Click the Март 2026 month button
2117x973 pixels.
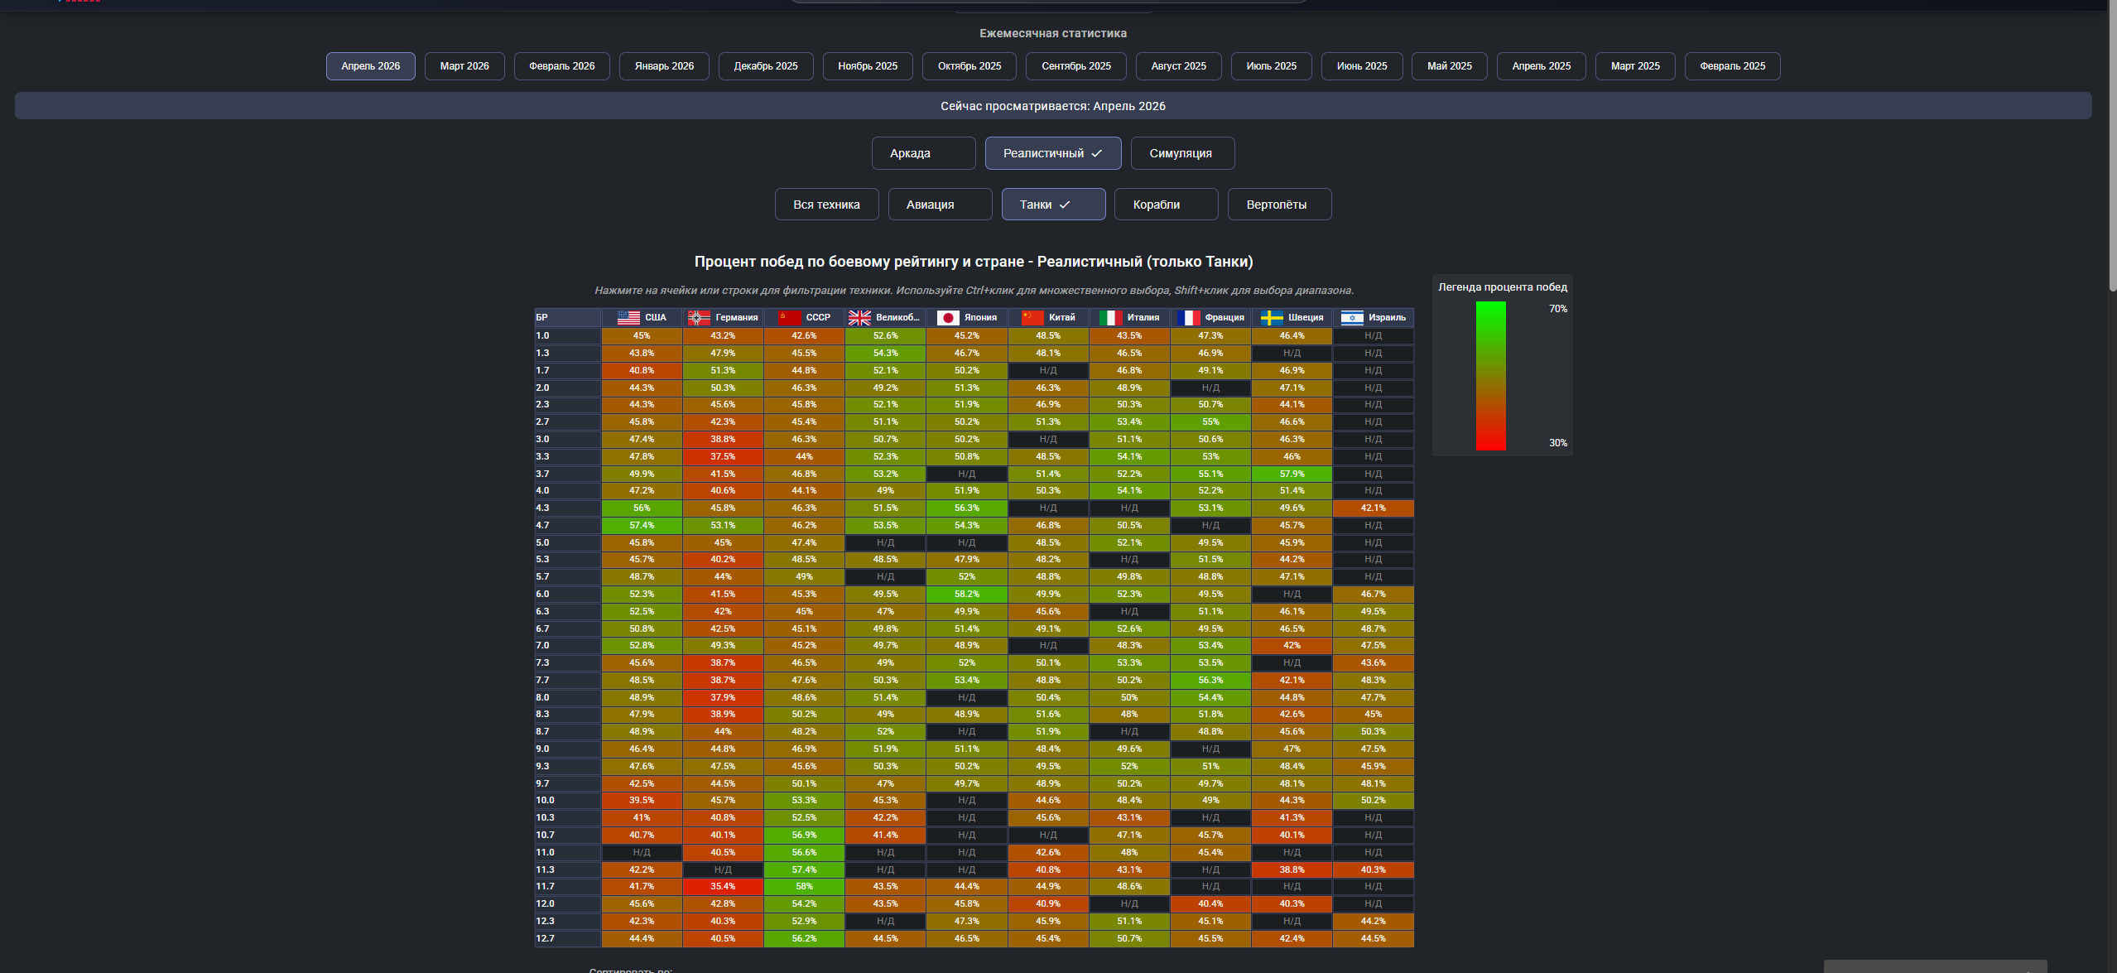pyautogui.click(x=464, y=66)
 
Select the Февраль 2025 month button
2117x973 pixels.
pyautogui.click(x=1732, y=66)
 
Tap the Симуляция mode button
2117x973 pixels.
pyautogui.click(x=1182, y=153)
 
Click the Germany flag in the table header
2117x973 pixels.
pyautogui.click(x=699, y=318)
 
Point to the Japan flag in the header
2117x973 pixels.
pyautogui.click(x=948, y=318)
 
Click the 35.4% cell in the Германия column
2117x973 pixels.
pyautogui.click(x=723, y=887)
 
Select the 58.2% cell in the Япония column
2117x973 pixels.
pyautogui.click(x=966, y=595)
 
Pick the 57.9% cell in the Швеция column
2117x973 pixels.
pyautogui.click(x=1292, y=474)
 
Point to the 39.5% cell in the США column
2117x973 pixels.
pyautogui.click(x=642, y=801)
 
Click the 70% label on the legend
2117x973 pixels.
pyautogui.click(x=1558, y=309)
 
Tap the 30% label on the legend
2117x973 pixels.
pyautogui.click(x=1558, y=443)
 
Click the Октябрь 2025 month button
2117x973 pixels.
pyautogui.click(x=969, y=66)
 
